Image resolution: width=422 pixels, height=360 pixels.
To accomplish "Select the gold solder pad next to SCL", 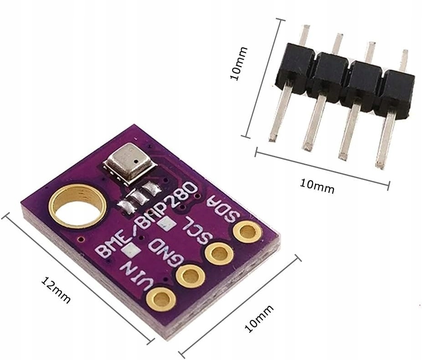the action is (x=219, y=253).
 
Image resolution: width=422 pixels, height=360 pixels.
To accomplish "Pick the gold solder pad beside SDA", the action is (x=247, y=232).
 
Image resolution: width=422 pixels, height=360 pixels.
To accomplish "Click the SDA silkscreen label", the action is (x=223, y=209).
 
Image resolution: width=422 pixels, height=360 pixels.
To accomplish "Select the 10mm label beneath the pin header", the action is (x=317, y=186).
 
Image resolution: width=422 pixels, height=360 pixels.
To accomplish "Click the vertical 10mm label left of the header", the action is (x=238, y=63).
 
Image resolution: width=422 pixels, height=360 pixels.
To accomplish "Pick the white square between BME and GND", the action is (x=135, y=250).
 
